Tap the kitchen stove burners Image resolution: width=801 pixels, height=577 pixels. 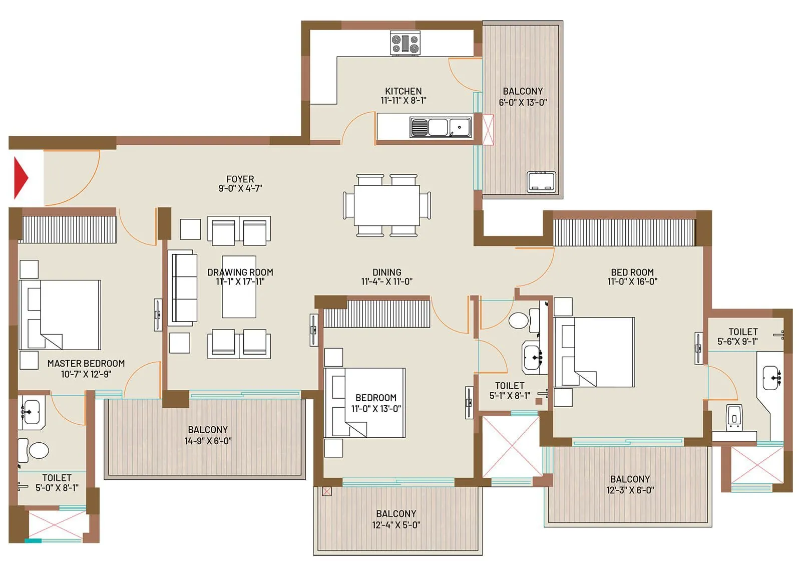tap(405, 43)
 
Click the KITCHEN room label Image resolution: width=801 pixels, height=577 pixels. tap(403, 91)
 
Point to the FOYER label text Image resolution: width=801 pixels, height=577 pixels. tap(240, 179)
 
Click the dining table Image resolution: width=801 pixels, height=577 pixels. tap(386, 205)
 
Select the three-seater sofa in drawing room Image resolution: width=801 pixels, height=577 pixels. tap(183, 288)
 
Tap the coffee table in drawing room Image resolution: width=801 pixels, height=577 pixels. tap(239, 287)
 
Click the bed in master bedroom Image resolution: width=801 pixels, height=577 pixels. tap(60, 315)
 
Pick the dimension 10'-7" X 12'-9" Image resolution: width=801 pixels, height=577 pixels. tap(86, 374)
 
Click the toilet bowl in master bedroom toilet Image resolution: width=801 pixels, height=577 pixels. tap(38, 450)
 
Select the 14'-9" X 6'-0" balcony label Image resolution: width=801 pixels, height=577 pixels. tap(208, 441)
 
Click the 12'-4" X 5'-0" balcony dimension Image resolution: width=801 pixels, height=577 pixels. tap(396, 525)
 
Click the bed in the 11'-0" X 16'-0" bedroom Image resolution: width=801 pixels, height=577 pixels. tap(594, 352)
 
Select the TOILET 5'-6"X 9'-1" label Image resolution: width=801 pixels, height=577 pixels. tap(743, 336)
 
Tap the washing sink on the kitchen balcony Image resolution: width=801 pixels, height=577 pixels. tap(541, 182)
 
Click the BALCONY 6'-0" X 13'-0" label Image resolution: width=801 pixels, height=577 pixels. tap(523, 97)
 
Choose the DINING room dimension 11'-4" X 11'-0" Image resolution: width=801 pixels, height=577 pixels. tap(386, 281)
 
